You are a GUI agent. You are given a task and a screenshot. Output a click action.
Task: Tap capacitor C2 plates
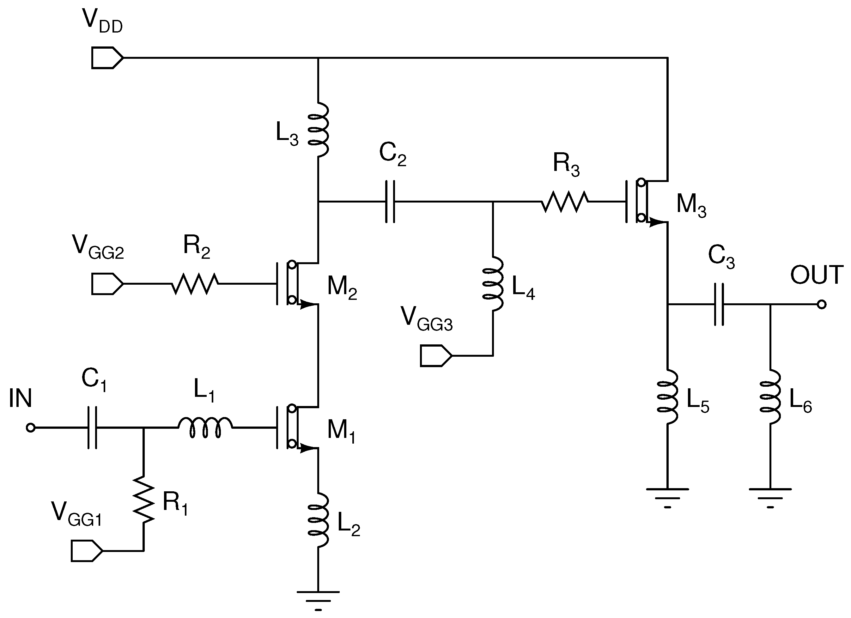390,202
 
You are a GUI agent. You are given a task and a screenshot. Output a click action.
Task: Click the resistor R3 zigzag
565,202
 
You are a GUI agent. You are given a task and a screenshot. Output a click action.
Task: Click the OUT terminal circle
821,304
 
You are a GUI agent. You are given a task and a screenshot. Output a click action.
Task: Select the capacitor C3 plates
719,304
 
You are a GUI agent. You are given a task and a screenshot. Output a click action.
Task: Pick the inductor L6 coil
770,397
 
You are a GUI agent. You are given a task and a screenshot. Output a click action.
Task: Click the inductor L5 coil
667,397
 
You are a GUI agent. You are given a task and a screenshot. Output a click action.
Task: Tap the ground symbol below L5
667,496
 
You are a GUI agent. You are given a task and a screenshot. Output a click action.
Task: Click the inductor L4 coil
493,284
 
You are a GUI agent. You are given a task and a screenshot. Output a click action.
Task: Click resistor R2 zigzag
195,284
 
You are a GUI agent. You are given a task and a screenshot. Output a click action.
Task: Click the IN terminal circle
31,427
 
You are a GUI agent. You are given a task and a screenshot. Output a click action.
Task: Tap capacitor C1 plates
92,427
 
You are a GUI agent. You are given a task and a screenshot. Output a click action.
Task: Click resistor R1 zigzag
144,499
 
